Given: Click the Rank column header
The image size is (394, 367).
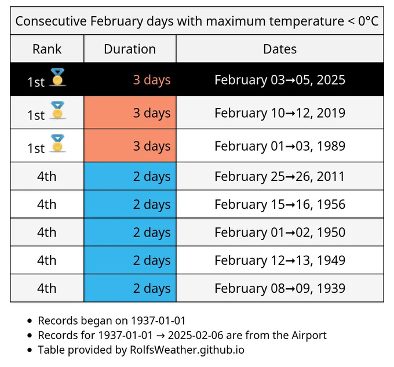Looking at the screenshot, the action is tap(47, 49).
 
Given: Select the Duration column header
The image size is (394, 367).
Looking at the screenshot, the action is tap(130, 49).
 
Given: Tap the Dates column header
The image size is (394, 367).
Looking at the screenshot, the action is tap(280, 49).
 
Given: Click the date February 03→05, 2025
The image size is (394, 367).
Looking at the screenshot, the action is tap(280, 79).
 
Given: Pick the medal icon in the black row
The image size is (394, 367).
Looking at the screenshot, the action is tap(57, 77).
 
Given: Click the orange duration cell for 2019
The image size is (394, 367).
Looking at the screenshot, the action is tap(130, 112).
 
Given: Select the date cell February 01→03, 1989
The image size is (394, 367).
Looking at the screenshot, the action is tap(280, 146).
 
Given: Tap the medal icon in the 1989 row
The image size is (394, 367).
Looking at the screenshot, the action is tap(57, 143).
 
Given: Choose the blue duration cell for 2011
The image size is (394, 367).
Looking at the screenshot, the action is tap(130, 176).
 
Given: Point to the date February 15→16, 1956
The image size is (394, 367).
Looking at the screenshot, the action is tap(280, 204).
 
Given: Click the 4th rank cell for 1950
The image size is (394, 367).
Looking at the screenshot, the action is tap(47, 232).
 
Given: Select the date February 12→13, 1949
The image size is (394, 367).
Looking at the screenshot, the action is tap(280, 260).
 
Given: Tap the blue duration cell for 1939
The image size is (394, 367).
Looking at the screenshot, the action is tap(130, 288).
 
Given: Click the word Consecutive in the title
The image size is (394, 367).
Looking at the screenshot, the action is tap(51, 21).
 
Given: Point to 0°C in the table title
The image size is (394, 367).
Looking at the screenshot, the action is tap(368, 21).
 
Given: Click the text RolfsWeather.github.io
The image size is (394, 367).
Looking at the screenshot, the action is tap(187, 350).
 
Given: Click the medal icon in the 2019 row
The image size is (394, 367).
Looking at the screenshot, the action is tap(57, 110).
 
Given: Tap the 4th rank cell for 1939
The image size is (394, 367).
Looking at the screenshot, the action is tap(47, 288).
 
